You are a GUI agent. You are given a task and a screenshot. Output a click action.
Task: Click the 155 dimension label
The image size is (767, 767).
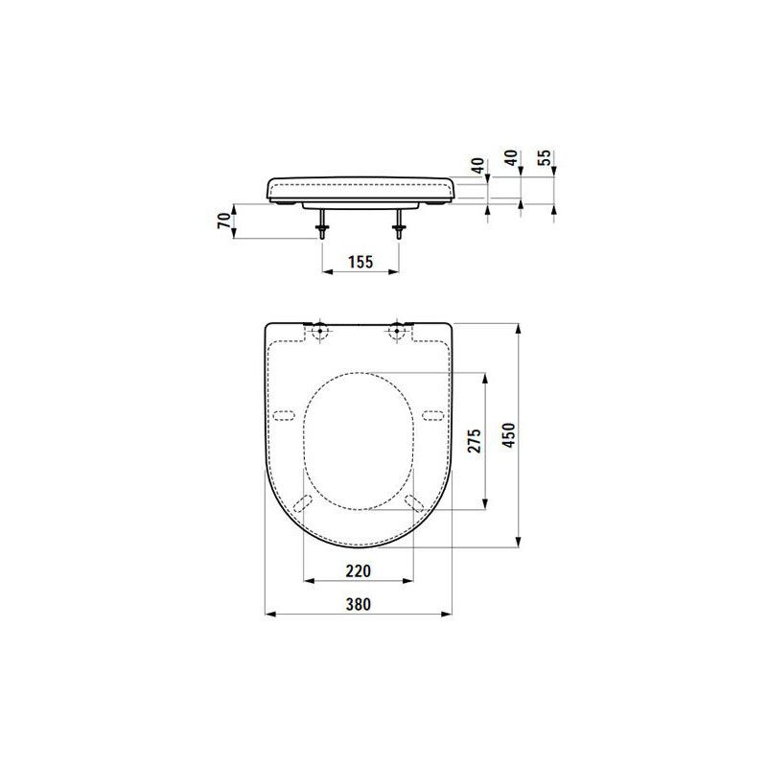pos(359,261)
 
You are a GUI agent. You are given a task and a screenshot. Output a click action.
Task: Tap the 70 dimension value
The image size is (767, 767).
pos(224,221)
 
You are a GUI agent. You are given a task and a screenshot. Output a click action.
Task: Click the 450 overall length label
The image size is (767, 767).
pos(510,435)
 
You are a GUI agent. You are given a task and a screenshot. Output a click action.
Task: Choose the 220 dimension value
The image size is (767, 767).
pos(358,570)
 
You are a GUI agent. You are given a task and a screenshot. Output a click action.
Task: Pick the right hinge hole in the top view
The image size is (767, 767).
pos(396,332)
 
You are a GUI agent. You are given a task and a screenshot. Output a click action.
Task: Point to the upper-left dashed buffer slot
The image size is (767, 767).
pos(283,415)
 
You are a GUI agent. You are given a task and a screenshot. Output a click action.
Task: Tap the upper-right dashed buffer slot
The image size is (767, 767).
pos(432,415)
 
